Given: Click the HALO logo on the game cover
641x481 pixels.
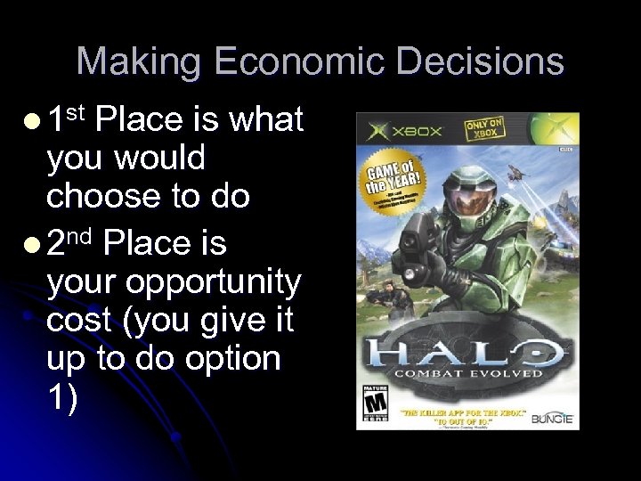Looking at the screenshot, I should pos(468,351).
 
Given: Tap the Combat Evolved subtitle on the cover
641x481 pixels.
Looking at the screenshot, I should pos(468,373).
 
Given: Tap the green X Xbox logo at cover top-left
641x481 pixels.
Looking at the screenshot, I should pos(379,132).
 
